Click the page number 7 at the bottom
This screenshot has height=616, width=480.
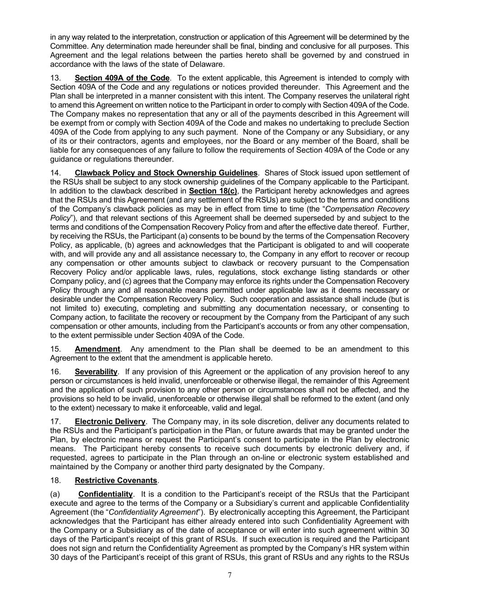point(230,575)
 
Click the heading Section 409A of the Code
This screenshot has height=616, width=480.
point(122,78)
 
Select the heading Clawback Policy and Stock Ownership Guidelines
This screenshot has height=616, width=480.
point(166,173)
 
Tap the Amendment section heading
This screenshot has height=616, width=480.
point(97,349)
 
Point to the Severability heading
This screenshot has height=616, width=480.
point(96,372)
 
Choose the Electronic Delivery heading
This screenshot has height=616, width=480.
point(110,421)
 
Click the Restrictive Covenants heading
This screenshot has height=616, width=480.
point(116,481)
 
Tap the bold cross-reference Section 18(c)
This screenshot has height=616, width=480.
point(213,191)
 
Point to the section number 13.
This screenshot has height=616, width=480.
point(55,78)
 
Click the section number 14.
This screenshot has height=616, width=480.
point(55,173)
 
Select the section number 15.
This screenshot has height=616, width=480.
point(55,349)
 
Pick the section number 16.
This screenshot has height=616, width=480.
point(55,372)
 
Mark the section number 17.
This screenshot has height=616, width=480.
point(55,421)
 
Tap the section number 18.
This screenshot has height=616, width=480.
point(55,481)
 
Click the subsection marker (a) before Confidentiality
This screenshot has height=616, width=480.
point(55,494)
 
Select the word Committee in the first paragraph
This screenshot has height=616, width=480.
point(68,46)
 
